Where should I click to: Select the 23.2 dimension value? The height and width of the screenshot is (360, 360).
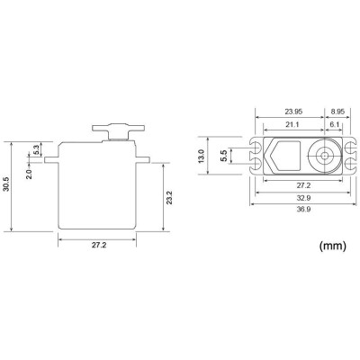pos(168,198)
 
